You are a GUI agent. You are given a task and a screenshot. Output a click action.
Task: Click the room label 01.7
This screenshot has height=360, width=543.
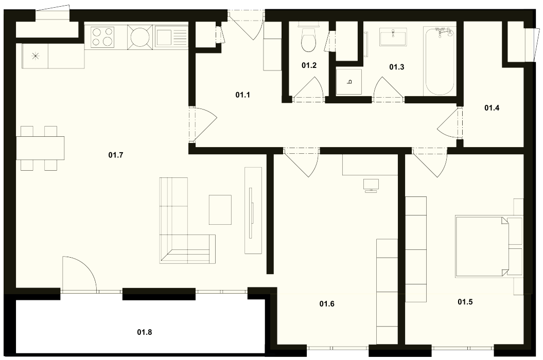[x=116, y=155]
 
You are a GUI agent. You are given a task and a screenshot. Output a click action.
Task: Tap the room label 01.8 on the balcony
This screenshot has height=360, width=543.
[x=145, y=332]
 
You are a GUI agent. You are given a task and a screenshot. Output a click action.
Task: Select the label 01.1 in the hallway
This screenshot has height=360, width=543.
[x=243, y=95]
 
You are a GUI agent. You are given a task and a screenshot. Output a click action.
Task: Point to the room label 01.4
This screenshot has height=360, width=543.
[x=492, y=108]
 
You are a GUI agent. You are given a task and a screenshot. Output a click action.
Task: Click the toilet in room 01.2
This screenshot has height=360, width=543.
[x=308, y=38]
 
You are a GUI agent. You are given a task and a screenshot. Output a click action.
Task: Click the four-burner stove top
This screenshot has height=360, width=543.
[x=103, y=37]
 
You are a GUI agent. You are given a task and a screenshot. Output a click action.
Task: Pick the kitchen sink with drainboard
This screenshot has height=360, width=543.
[x=171, y=37]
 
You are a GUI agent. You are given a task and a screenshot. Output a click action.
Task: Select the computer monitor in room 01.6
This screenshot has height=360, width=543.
[x=371, y=185]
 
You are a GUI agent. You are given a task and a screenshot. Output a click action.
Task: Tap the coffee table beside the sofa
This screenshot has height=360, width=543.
[x=220, y=210]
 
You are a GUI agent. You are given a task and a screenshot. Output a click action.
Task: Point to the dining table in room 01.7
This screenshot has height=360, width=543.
[x=40, y=148]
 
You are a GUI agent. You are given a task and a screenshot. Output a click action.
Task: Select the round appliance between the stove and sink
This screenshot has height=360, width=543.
[x=140, y=37]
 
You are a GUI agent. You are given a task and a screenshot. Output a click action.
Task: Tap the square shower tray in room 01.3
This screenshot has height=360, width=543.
[x=349, y=82]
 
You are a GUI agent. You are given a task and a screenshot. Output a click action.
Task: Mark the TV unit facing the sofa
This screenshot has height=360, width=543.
[x=253, y=210]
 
